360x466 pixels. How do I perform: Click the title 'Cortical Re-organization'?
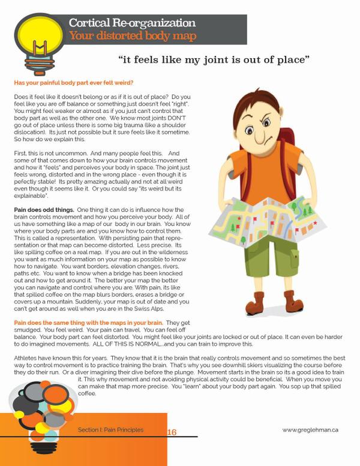(x=131, y=23)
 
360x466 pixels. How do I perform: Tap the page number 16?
(x=172, y=432)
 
